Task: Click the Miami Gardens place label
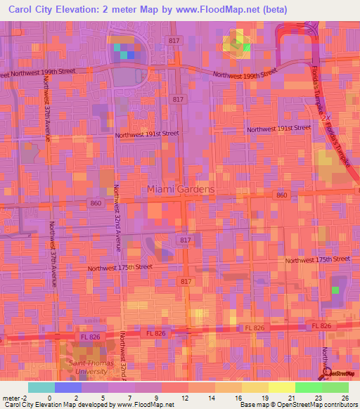tap(180, 189)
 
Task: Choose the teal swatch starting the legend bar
tap(41, 387)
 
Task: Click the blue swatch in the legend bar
tap(68, 387)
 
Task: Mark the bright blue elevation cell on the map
tap(131, 54)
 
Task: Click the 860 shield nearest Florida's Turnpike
tap(282, 195)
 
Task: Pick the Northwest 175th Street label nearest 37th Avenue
tap(120, 268)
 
